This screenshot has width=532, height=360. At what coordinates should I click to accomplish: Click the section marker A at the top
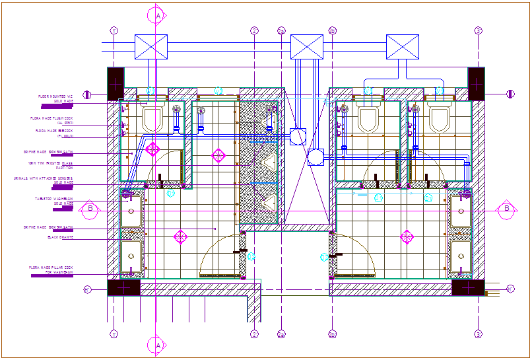coord(158,14)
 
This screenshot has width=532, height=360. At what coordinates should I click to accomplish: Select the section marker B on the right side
coord(507,209)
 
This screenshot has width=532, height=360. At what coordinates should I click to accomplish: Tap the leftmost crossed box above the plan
coord(151,47)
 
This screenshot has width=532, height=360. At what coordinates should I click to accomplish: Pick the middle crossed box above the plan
coord(306,47)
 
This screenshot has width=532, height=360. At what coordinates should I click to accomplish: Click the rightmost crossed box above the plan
coord(403,47)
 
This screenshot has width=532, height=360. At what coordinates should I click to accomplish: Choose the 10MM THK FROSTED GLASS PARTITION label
coord(50,164)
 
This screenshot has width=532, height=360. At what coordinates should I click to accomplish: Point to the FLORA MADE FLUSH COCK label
coord(51,120)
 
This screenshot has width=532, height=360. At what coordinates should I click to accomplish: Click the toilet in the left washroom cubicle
coord(152,119)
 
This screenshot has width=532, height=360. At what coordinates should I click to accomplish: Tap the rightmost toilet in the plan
coord(439,119)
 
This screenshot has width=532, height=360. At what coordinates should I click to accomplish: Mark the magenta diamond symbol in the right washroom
coord(407,236)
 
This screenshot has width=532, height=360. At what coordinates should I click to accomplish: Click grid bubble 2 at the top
coord(254,30)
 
